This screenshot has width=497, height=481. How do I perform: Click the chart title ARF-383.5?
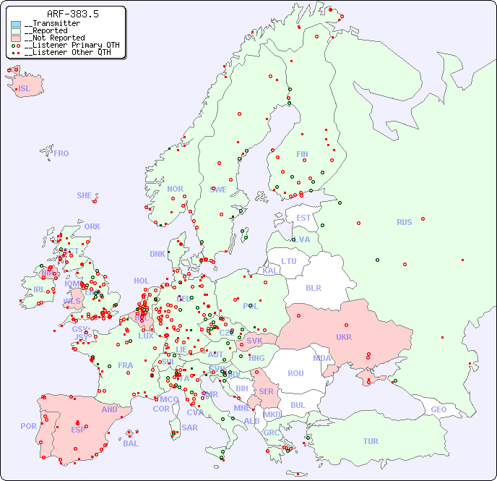point(72,14)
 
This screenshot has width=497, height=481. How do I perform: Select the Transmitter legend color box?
point(16,24)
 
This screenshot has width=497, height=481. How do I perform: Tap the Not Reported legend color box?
point(16,38)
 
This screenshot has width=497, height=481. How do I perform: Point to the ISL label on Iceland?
point(24,89)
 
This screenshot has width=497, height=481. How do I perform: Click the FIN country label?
point(302,154)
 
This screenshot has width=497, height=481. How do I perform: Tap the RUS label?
point(404,222)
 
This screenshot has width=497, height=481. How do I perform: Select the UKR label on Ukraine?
point(343,337)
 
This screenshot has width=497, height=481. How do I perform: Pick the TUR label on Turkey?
point(371,441)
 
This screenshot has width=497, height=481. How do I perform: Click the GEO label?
point(438,409)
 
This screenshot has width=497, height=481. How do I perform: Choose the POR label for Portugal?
point(28,426)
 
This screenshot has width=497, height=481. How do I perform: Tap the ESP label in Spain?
point(78,429)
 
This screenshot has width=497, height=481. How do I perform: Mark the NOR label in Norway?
point(175,189)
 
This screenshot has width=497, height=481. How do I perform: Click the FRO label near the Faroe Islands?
point(61,153)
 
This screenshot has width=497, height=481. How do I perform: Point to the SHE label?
point(85,195)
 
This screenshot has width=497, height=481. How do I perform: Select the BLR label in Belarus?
point(313,287)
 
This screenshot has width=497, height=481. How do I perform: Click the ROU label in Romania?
point(295,373)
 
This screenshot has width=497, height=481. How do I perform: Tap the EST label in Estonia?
point(303,218)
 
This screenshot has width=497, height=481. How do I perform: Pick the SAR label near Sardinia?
point(189,427)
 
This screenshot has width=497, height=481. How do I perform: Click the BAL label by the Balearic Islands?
point(131,443)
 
